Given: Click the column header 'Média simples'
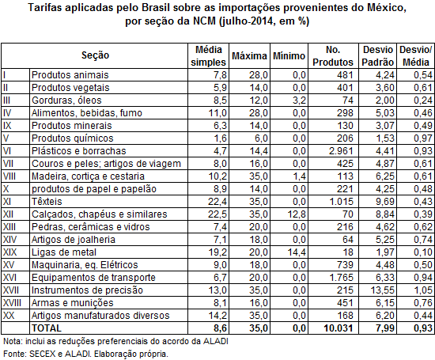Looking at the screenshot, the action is pos(208,56).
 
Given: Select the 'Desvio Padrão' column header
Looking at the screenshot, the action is pos(377,56).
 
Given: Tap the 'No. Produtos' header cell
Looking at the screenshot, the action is pos(333,56).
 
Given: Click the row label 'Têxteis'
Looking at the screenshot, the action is pos(47,202).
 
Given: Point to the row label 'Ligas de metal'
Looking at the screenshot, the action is pos(64,252).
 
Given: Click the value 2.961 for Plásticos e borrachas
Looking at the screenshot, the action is pos(341,151).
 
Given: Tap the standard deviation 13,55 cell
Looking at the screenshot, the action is pos(382,290).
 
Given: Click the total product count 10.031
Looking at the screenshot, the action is pos(339,328).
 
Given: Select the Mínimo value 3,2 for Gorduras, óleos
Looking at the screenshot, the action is pos(299,100).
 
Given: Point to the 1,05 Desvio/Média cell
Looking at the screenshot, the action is pos(423,290).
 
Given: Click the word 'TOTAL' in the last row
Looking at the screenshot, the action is pos(47,328).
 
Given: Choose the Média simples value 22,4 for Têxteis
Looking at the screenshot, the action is pos(217,202).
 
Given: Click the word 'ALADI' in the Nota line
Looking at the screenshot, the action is pos(216,341).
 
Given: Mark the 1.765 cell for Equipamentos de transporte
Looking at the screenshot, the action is pos(341,278).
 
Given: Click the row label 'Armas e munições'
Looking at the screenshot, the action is pos(73,303).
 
